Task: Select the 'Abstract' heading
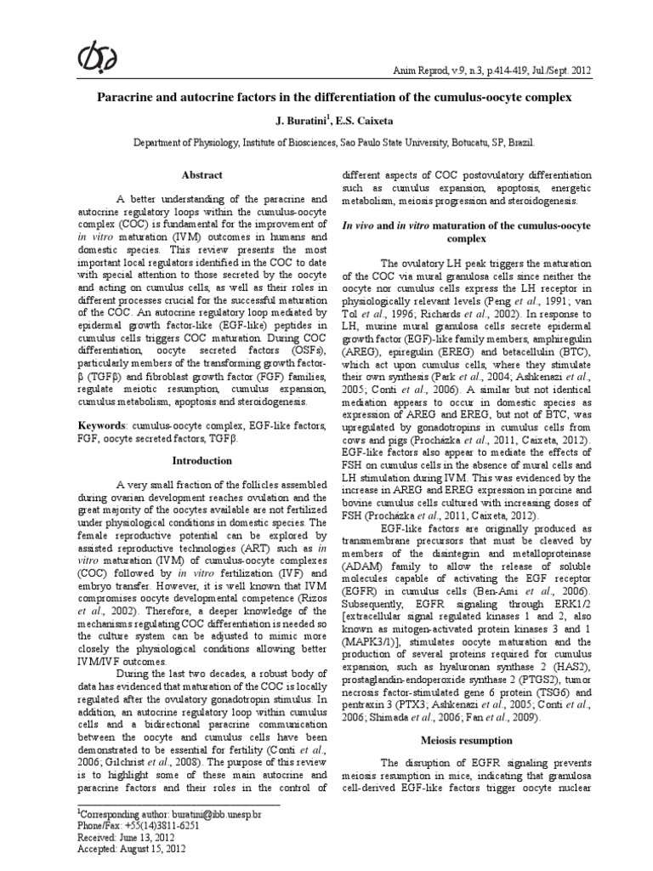[x=202, y=175]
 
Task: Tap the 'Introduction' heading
[x=202, y=460]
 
